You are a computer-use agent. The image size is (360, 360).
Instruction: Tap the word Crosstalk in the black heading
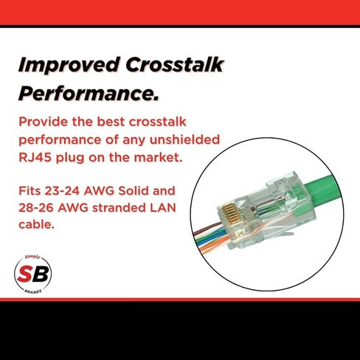tap(175, 64)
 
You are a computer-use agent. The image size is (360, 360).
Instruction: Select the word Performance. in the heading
tap(89, 94)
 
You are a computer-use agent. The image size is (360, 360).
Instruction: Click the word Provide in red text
tap(44, 122)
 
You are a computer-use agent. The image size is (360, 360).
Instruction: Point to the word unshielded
tap(184, 139)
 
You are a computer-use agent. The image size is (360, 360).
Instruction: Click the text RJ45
tap(35, 157)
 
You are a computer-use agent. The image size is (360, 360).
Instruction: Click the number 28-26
tap(36, 208)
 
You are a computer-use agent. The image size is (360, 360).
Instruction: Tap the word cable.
tap(36, 224)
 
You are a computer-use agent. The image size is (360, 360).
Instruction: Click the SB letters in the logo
tap(33, 274)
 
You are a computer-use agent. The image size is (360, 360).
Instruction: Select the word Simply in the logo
tap(32, 257)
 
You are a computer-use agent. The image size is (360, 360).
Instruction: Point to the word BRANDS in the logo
tap(33, 291)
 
